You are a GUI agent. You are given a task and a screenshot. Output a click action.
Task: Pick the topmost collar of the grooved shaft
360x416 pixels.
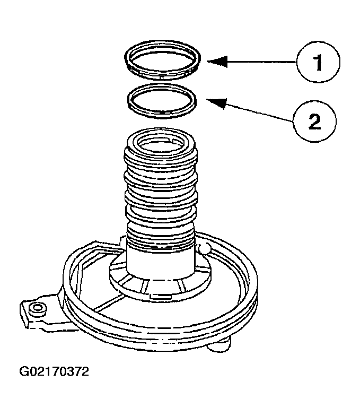click(161, 154)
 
